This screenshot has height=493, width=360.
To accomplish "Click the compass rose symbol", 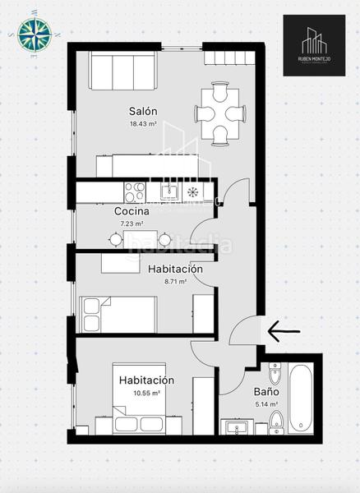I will pyautogui.click(x=34, y=35).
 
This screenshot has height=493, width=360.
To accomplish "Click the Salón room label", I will pyautogui.click(x=142, y=111).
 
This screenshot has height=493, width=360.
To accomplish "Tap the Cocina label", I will pyautogui.click(x=132, y=211).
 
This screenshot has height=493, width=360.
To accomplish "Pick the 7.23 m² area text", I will pyautogui.click(x=132, y=223).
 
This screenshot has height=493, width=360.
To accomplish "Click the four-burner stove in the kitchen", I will pyautogui.click(x=134, y=191).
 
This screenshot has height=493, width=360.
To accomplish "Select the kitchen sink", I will pyautogui.click(x=169, y=192).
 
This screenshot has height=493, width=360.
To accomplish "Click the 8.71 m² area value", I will pyautogui.click(x=175, y=281).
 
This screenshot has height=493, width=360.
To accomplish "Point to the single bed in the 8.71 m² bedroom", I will pyautogui.click(x=118, y=315).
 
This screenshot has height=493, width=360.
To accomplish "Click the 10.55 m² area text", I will pyautogui.click(x=145, y=393).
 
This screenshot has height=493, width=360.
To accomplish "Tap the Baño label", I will pyautogui.click(x=265, y=392).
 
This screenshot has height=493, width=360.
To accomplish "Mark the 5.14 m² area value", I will pyautogui.click(x=265, y=404).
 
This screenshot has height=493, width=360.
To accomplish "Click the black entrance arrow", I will pyautogui.click(x=284, y=331).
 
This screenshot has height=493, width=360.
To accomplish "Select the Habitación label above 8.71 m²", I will pyautogui.click(x=175, y=269).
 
